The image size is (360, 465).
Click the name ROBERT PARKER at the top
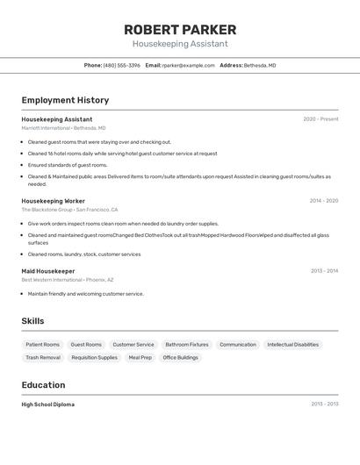coord(180,30)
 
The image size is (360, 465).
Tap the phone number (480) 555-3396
coord(121,65)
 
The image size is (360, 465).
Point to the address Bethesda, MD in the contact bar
coord(260,65)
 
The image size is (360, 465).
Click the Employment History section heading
coord(65,100)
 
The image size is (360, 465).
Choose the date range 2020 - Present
coord(320,119)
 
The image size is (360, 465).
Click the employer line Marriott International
coord(63,128)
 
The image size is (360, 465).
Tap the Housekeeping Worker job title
coord(54,201)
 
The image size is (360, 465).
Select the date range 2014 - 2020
coord(323,201)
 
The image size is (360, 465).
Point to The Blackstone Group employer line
coord(69,210)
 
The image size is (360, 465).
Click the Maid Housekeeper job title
coord(48,271)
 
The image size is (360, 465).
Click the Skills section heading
coord(32,321)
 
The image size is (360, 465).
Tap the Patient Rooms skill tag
coord(42,345)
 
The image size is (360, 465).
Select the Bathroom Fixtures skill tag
coord(187,345)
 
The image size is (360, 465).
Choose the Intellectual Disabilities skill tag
coord(292,345)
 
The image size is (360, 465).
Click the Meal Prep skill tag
coord(140,358)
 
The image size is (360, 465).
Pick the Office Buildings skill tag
coord(180,358)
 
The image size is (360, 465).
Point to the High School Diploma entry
coord(48,404)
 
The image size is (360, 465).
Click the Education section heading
coord(43,385)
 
